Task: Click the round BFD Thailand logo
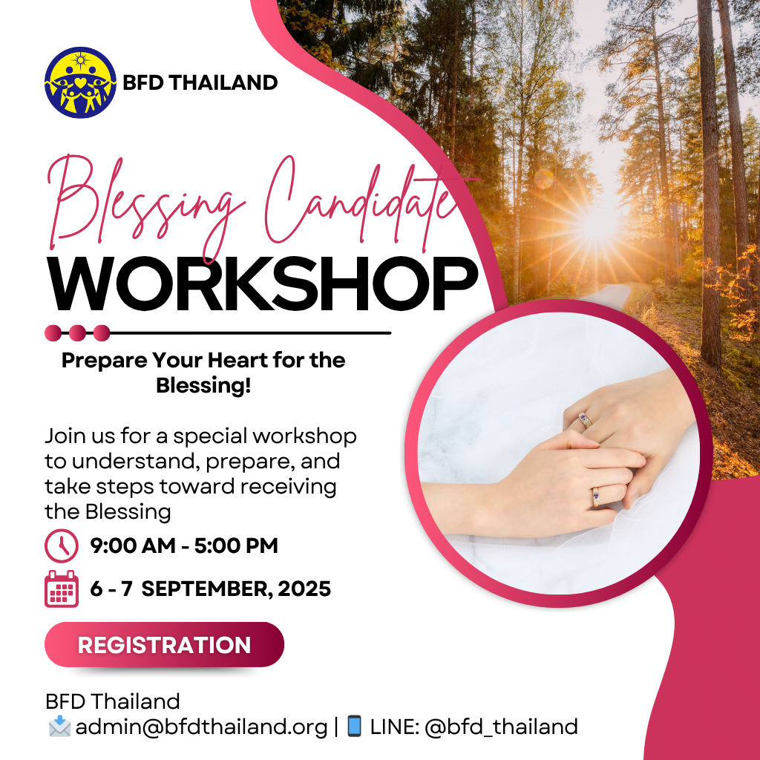[x=80, y=82]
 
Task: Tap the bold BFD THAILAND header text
[x=200, y=83]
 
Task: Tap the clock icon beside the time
[x=62, y=546]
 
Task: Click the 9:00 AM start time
[x=133, y=546]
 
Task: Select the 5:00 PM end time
[x=236, y=546]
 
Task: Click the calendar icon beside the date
[x=62, y=589]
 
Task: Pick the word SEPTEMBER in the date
[x=203, y=589]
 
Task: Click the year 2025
[x=304, y=589]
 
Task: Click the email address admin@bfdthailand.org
[x=202, y=727]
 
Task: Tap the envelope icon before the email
[x=59, y=726]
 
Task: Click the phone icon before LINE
[x=355, y=726]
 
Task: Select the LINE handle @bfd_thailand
[x=501, y=727]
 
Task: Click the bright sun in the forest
[x=597, y=226]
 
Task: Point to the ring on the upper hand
[x=585, y=420]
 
